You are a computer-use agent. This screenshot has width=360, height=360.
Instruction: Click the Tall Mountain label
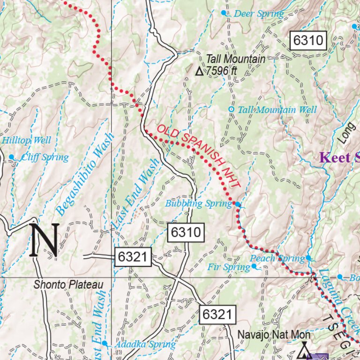(x=235, y=59)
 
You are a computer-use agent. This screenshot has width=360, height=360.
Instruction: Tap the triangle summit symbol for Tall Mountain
(x=199, y=72)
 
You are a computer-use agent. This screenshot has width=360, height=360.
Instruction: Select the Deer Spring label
(x=258, y=14)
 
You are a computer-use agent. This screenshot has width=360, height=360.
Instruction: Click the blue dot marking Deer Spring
(x=224, y=13)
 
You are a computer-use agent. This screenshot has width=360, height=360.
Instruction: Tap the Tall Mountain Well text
(x=277, y=110)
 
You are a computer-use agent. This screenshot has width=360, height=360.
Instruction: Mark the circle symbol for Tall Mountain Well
(x=231, y=109)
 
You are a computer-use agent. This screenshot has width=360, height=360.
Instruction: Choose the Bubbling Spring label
(x=198, y=203)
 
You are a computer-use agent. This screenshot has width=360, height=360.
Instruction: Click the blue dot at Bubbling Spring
(x=238, y=204)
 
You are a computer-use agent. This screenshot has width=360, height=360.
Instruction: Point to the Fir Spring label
(x=228, y=267)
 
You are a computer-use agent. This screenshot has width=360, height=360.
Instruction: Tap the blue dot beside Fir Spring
(x=254, y=266)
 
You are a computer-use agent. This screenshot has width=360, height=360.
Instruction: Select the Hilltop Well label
(x=26, y=140)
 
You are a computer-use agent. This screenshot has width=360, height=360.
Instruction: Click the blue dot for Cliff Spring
(x=11, y=157)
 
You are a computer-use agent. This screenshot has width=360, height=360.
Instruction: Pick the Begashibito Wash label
(x=85, y=175)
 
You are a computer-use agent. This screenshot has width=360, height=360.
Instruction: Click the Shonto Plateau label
(x=68, y=285)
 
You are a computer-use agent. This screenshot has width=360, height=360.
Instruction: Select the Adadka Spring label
(x=145, y=345)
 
